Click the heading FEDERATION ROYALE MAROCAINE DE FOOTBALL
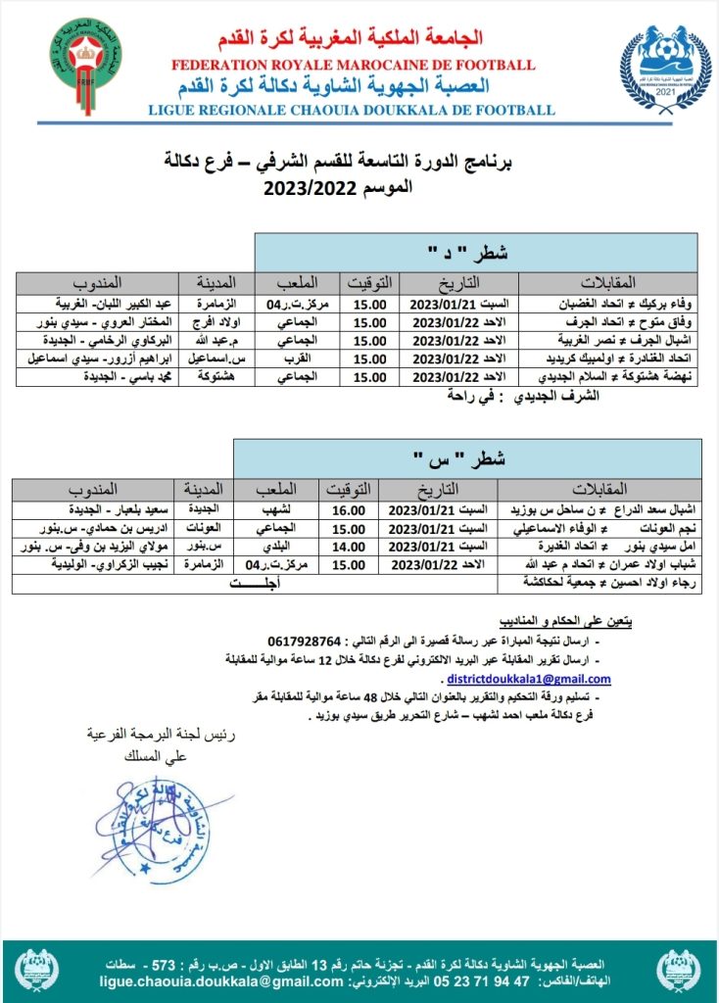[x=353, y=65]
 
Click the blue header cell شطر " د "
[x=476, y=253]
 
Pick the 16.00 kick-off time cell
[x=349, y=509]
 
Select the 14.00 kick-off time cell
[x=349, y=547]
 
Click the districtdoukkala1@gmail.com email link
[x=528, y=679]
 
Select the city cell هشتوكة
[x=206, y=377]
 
